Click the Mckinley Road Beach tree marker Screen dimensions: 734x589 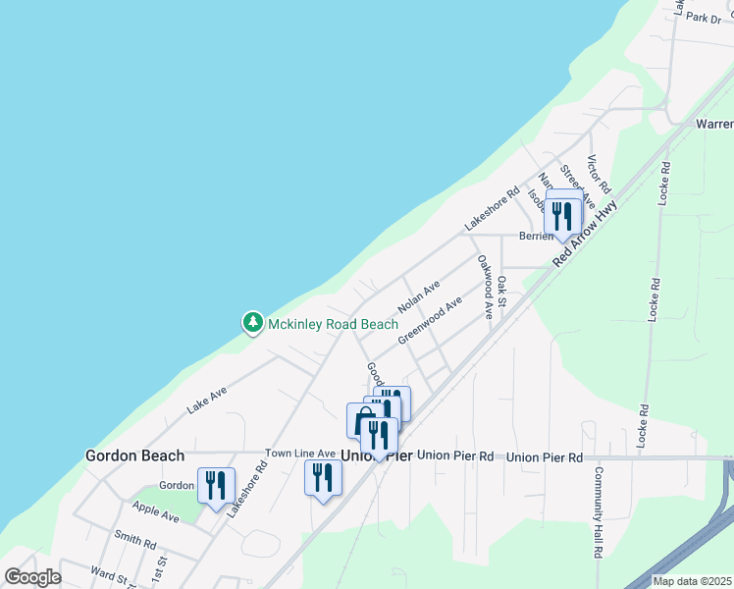pyautogui.click(x=253, y=322)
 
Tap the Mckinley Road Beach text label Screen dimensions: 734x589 pyautogui.click(x=334, y=324)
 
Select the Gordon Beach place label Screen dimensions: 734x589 pyautogui.click(x=134, y=455)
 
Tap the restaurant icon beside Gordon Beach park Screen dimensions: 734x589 pyautogui.click(x=213, y=485)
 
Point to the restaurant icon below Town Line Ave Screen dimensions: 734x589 pyautogui.click(x=321, y=477)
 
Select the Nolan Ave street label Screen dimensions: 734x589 pyautogui.click(x=417, y=293)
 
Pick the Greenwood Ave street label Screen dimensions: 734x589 pyautogui.click(x=430, y=321)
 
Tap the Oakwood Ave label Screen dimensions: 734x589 pyautogui.click(x=484, y=287)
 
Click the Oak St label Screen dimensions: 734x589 pyautogui.click(x=501, y=291)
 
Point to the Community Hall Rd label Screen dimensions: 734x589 pyautogui.click(x=597, y=510)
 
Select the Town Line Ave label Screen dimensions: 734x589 pyautogui.click(x=300, y=454)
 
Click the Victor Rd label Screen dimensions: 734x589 pyautogui.click(x=598, y=174)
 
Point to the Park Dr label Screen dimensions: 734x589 pyautogui.click(x=703, y=18)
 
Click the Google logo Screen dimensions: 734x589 pyautogui.click(x=33, y=576)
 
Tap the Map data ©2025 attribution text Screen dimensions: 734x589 pyautogui.click(x=692, y=581)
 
